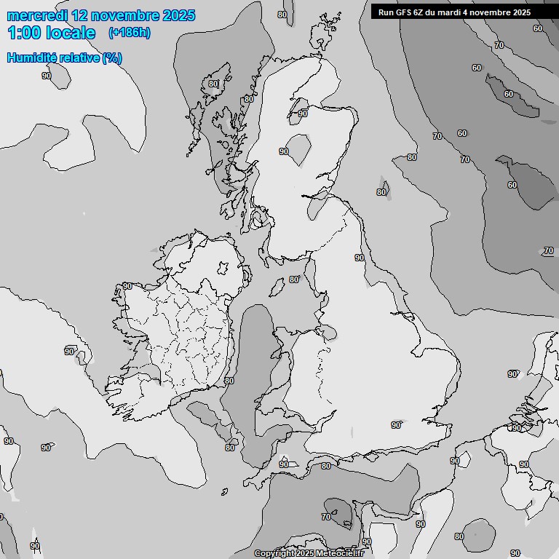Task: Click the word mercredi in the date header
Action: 36,15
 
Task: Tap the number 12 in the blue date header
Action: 82,15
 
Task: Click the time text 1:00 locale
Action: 51,33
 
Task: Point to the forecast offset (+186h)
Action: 129,33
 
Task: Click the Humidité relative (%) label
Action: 64,58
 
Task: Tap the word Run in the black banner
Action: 386,12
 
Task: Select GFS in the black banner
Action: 405,12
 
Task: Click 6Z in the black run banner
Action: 422,12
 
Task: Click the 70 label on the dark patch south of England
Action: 326,517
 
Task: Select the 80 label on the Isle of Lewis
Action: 213,84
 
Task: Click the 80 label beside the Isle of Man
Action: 294,279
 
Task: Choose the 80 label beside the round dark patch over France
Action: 459,536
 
